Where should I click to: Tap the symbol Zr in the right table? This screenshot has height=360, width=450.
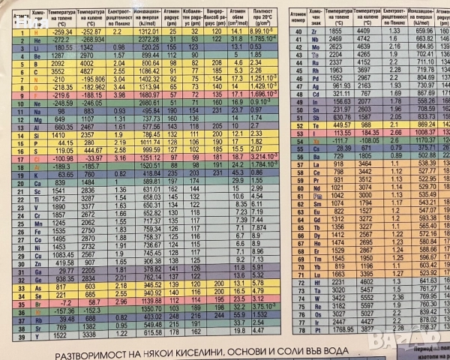(x=316, y=31)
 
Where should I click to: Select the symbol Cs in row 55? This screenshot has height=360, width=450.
(x=315, y=148)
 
